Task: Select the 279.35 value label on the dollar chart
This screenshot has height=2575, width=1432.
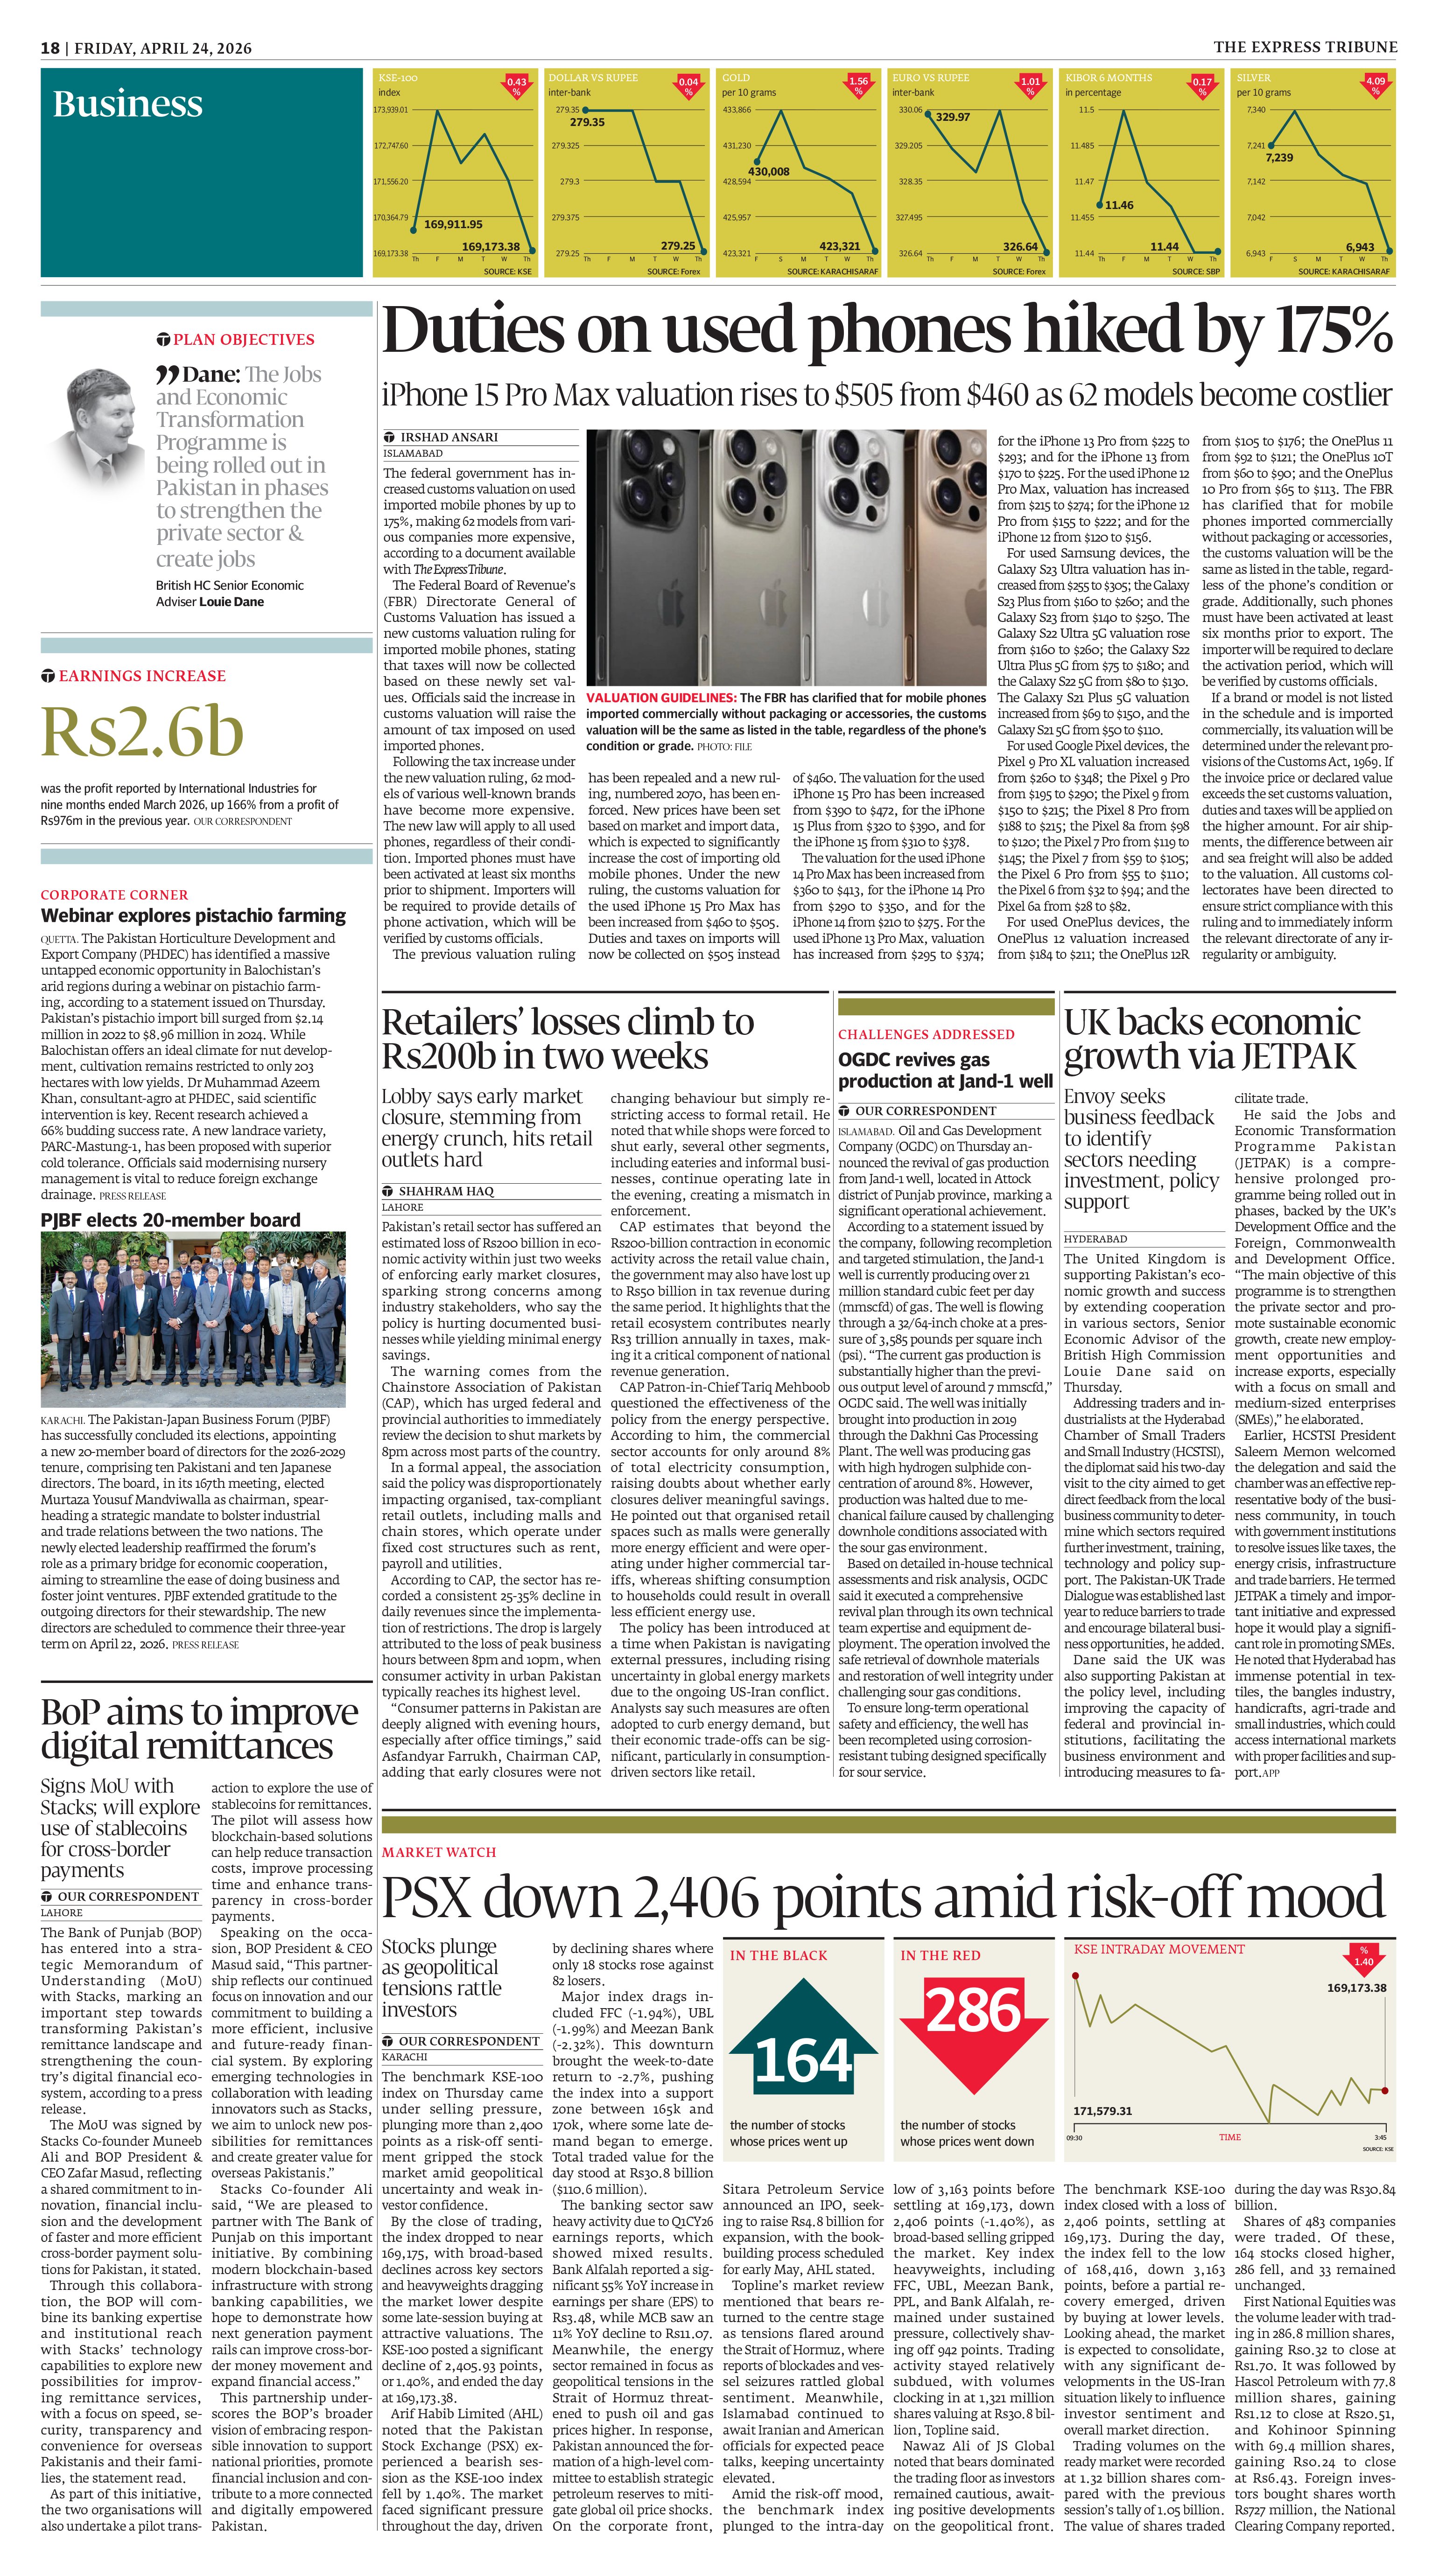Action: coord(587,122)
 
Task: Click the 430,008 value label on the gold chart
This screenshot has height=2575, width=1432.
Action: coord(769,172)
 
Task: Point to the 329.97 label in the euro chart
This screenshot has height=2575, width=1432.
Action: coord(952,117)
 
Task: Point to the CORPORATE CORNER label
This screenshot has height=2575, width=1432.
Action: coord(114,895)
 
